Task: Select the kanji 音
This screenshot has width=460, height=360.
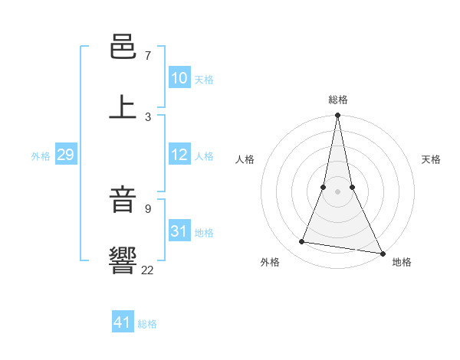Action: pyautogui.click(x=123, y=201)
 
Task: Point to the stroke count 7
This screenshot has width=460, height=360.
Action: pyautogui.click(x=148, y=56)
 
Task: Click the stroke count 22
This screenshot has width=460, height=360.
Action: pyautogui.click(x=148, y=269)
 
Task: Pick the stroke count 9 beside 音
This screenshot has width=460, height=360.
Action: pyautogui.click(x=148, y=208)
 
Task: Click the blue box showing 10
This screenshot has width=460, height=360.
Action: pyautogui.click(x=179, y=77)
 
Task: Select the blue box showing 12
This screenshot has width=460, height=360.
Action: pyautogui.click(x=179, y=154)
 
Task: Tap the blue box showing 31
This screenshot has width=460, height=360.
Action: pyautogui.click(x=179, y=231)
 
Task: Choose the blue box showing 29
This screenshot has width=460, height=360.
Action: pyautogui.click(x=65, y=155)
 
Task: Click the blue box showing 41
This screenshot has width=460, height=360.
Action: pyautogui.click(x=123, y=322)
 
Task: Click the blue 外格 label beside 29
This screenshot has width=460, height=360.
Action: pyautogui.click(x=41, y=156)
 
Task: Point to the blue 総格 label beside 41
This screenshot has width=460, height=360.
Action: pyautogui.click(x=147, y=324)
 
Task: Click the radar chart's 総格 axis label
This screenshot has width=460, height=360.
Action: pyautogui.click(x=338, y=100)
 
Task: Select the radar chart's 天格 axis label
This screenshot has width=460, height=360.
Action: pyautogui.click(x=432, y=159)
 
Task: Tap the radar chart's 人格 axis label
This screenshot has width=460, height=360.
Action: pyautogui.click(x=245, y=159)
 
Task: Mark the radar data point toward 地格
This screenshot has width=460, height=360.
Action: pyautogui.click(x=382, y=253)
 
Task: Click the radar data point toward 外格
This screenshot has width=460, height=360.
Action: pyautogui.click(x=302, y=242)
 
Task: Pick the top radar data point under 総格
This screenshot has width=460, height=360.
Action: pyautogui.click(x=338, y=116)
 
